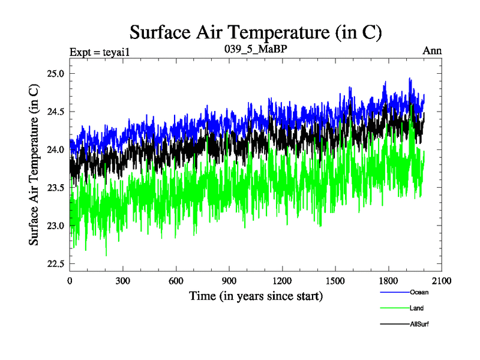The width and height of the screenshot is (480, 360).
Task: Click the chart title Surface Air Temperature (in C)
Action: coord(256,32)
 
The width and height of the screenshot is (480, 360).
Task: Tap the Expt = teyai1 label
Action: coord(100,52)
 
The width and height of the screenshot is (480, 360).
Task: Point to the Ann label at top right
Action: coord(432,51)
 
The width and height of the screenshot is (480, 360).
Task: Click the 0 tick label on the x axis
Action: coord(70,280)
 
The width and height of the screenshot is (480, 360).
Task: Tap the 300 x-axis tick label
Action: coord(123,280)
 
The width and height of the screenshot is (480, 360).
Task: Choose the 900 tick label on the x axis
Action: coord(229,280)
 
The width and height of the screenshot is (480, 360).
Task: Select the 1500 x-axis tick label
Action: coord(335,280)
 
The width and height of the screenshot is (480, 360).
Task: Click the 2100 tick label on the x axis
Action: coord(442,280)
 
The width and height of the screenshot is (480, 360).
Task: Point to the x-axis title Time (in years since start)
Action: coord(256,296)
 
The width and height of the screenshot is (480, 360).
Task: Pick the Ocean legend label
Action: coord(419,293)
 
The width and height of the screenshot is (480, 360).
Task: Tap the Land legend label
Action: coord(417,308)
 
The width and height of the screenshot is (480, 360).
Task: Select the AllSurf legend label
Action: coord(419,324)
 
